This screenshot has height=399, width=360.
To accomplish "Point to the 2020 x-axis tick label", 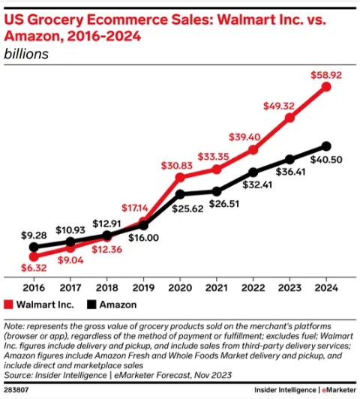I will click(180, 286).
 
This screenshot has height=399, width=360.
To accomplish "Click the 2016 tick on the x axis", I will click(33, 286).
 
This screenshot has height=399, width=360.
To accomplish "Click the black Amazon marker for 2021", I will click(217, 191).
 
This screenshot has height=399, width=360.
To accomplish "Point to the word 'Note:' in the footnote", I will click(16, 327).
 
